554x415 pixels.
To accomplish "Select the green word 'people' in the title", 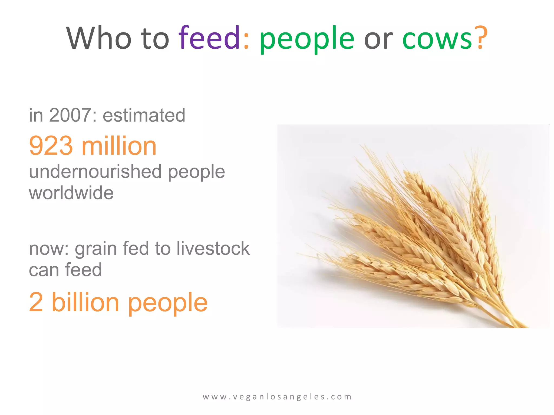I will tap(307, 39).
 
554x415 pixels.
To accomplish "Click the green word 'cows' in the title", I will tap(437, 39).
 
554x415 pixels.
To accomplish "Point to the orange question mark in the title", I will tap(482, 38).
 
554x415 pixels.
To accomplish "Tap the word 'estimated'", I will tap(144, 115).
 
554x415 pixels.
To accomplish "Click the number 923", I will tap(51, 146).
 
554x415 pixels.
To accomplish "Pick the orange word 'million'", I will tap(119, 146).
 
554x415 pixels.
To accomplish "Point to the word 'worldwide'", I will tap(71, 193).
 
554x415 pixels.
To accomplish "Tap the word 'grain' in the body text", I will tap(95, 249).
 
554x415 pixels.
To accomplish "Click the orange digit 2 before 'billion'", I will tap(36, 302).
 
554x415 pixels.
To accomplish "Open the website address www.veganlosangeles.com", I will tap(277, 397).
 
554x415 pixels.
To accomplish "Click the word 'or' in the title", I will tap(378, 39).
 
